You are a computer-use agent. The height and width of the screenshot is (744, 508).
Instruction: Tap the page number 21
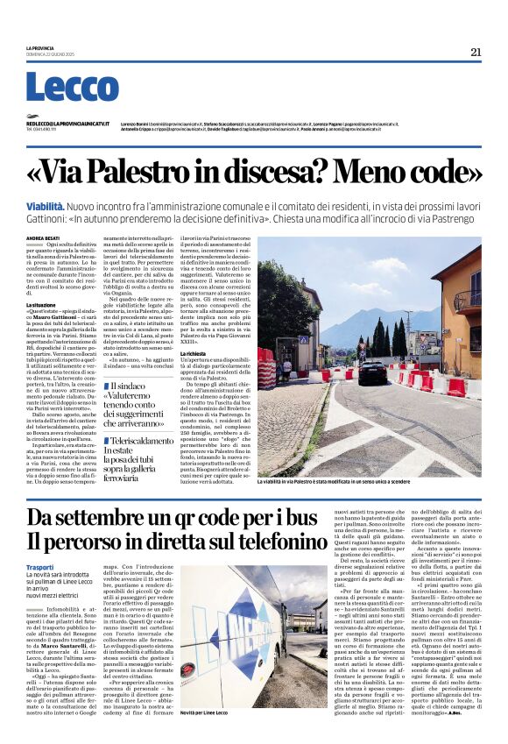tap(476, 52)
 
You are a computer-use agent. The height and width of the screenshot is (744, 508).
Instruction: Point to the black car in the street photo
tap(371, 372)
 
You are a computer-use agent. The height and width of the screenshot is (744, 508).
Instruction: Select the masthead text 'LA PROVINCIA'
tap(41, 47)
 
